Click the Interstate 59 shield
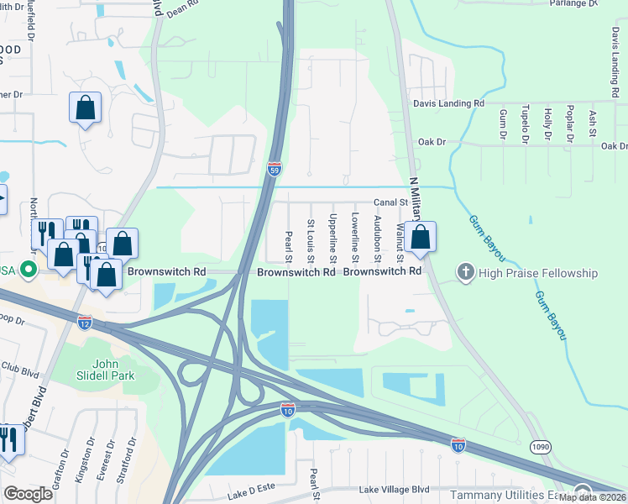[275, 169]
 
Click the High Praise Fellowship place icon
[465, 272]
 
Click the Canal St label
[390, 202]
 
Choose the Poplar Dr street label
[570, 123]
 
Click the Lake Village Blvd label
[394, 489]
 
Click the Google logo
[28, 494]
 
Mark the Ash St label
[593, 123]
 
